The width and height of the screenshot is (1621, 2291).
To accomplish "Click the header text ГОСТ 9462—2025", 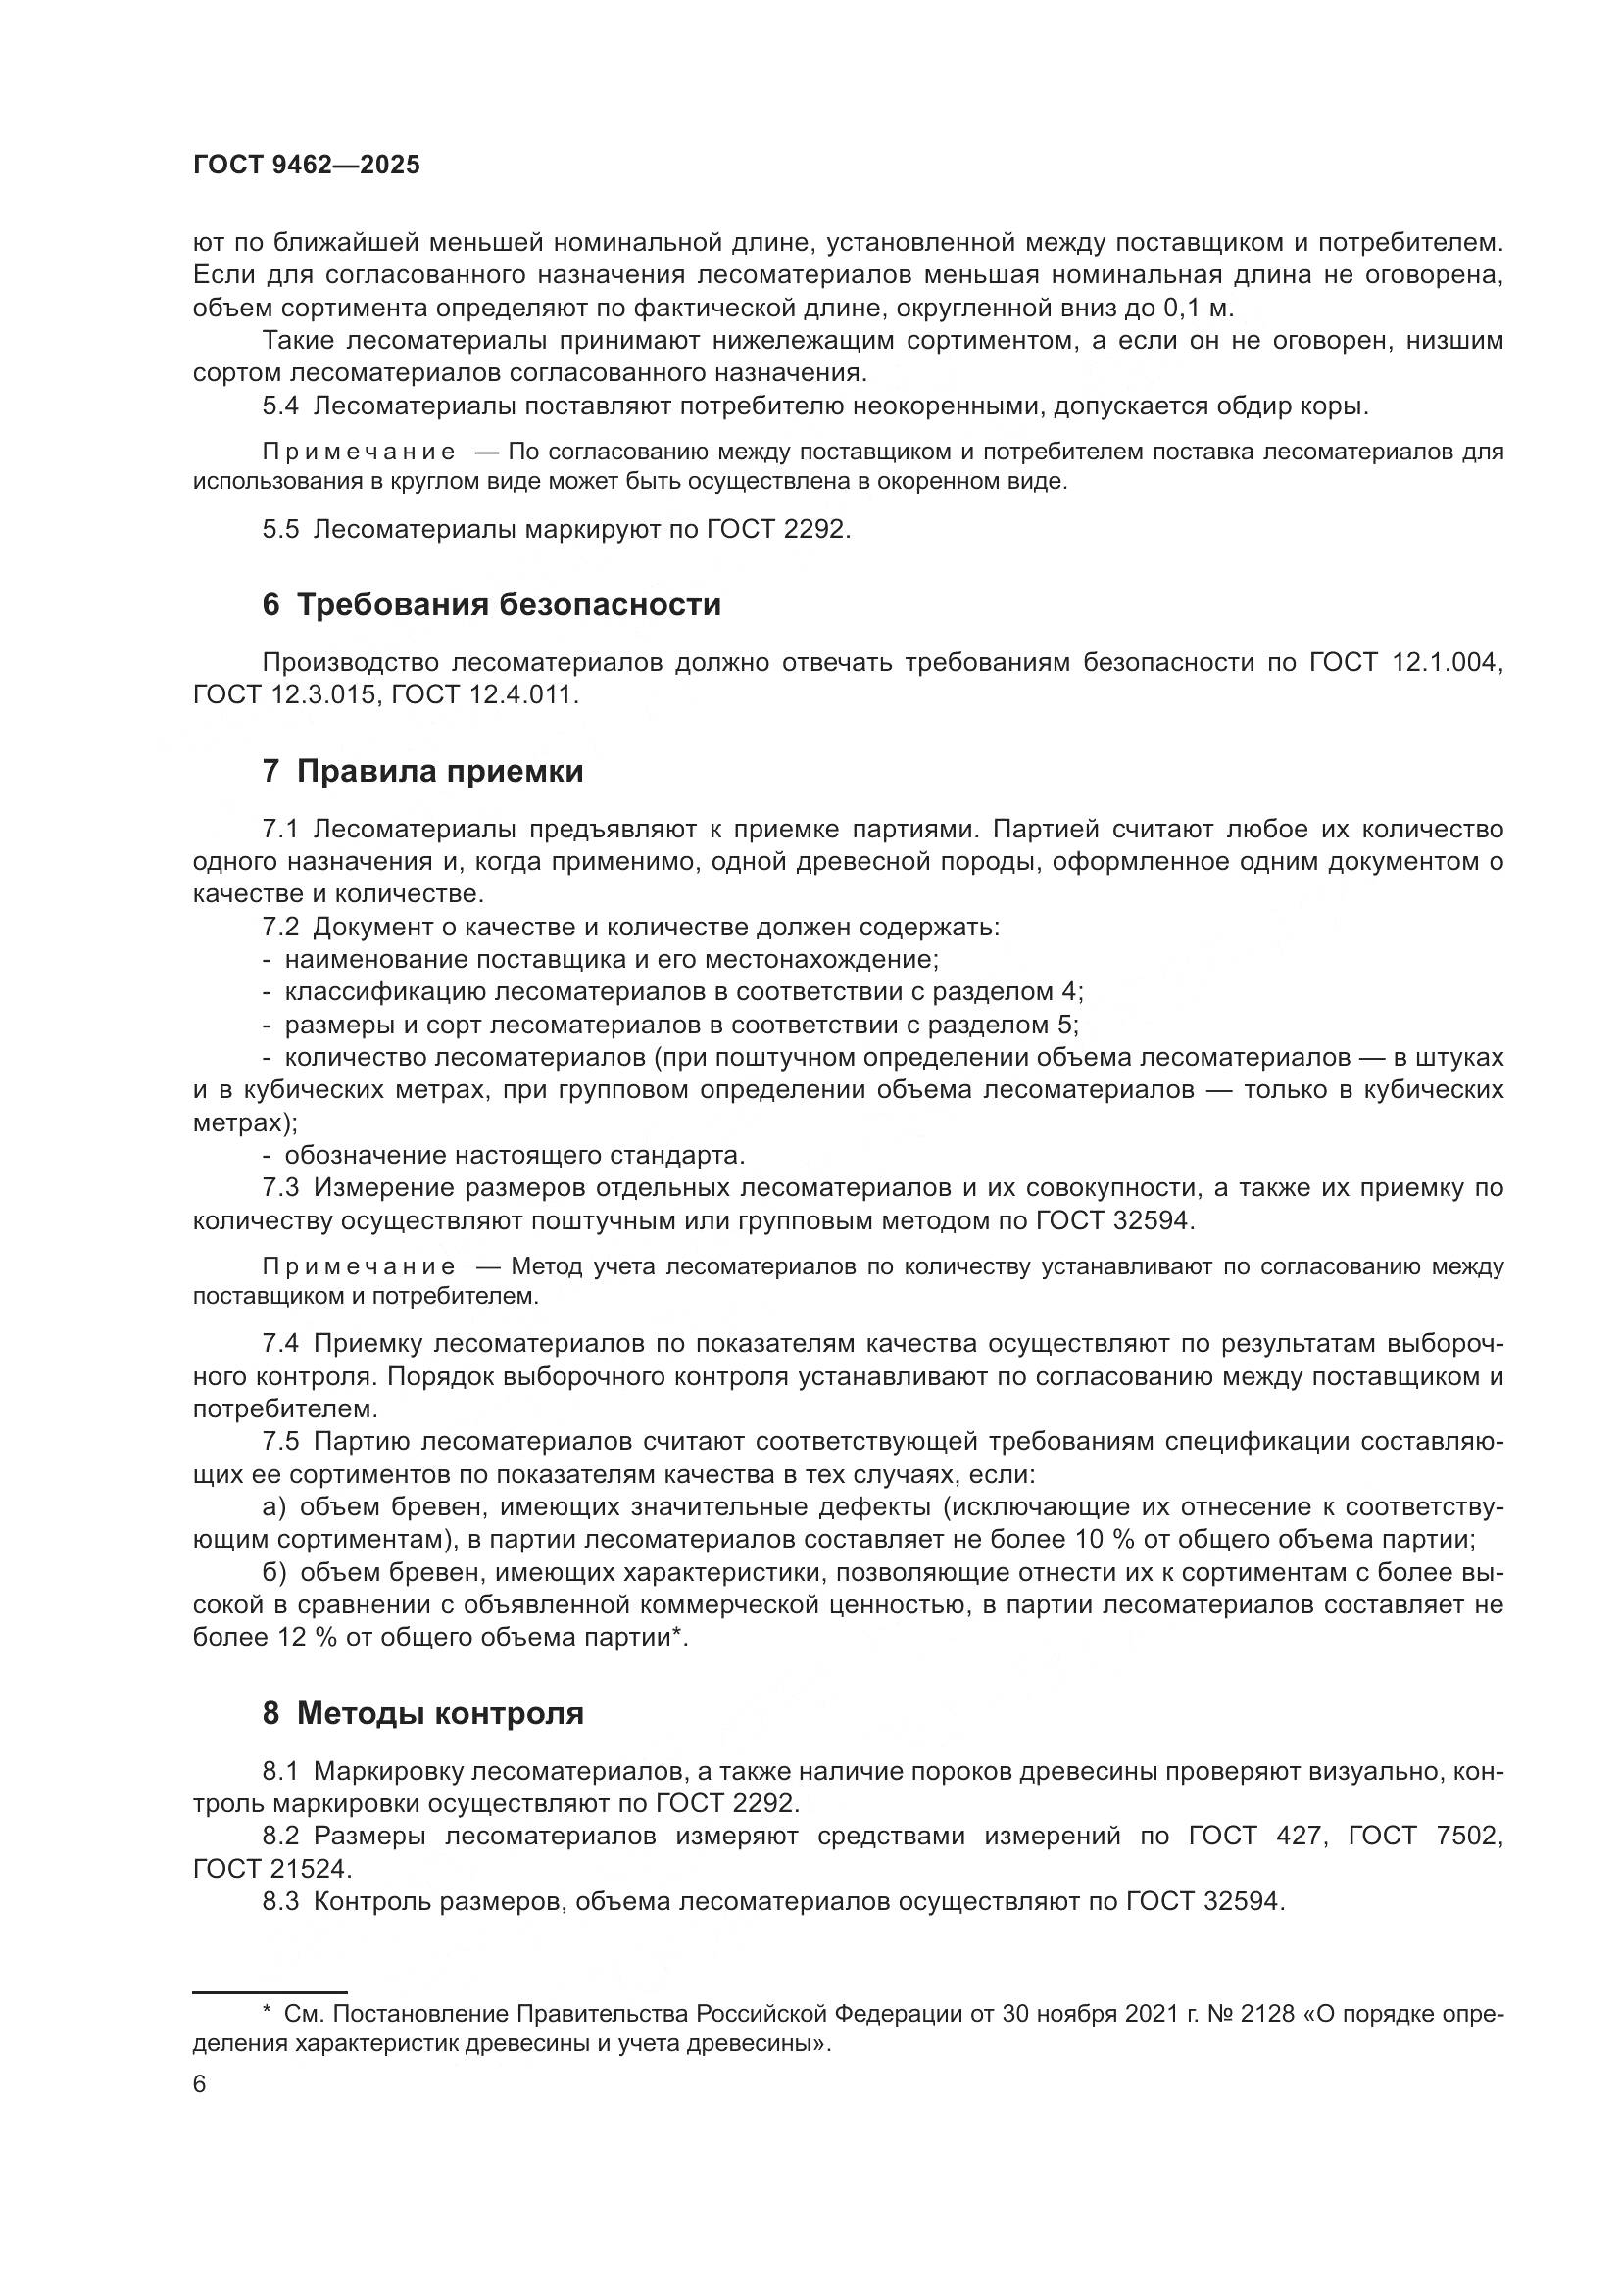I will coord(307,166).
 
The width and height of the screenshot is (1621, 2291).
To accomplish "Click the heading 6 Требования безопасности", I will coord(491,604).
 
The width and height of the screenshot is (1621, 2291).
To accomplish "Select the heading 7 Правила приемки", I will coord(422,771).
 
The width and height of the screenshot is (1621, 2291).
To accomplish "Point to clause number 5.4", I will coord(280,406).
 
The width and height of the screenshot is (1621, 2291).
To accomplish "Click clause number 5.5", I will coord(280,529).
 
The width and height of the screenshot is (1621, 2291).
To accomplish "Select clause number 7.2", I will coord(280,927).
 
